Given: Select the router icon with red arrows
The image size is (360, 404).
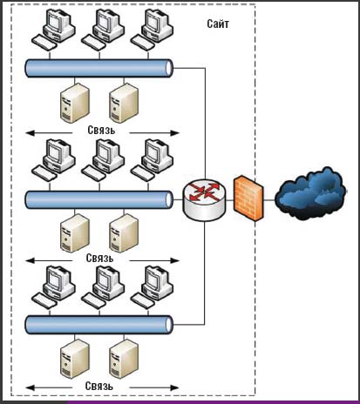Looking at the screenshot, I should [204, 199].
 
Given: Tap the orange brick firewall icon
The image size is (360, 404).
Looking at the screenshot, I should [248, 199].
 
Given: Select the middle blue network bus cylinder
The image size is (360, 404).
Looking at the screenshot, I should [98, 199].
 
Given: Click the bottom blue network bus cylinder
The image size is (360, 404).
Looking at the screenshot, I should [98, 325].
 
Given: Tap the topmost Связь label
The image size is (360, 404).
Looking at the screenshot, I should [101, 130].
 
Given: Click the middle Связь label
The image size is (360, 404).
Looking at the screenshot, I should [101, 259].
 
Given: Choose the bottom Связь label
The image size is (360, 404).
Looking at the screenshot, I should [101, 385].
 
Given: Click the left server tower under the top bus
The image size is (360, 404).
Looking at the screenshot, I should [72, 103].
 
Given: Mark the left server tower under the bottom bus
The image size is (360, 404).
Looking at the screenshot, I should [72, 358].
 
